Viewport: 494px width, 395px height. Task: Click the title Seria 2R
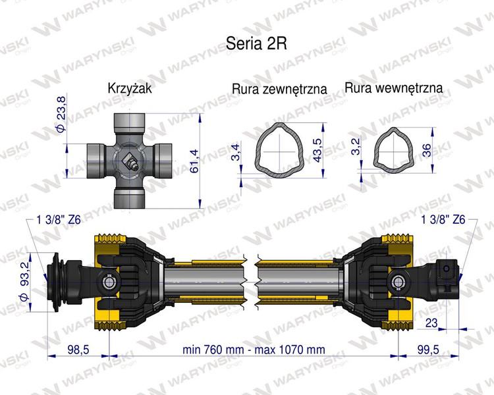point(256,43)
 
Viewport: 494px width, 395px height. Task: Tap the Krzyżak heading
point(130,88)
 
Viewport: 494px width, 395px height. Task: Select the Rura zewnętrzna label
point(279,89)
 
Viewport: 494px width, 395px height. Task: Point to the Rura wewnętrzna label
point(393,88)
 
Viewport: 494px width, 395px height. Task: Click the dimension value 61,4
point(194,161)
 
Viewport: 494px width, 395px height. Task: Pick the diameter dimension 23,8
point(61,114)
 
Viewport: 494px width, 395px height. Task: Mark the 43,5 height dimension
point(317,150)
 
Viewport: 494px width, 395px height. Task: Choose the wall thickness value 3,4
point(236,152)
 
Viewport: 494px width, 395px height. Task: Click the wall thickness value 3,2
point(356,146)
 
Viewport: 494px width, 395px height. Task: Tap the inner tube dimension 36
point(427,150)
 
